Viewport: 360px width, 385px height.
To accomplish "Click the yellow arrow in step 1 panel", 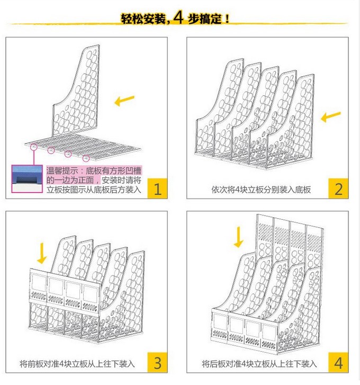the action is tap(124, 100).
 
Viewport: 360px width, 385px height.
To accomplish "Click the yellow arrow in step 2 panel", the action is tap(331, 117).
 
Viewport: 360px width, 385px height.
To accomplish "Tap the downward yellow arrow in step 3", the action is tap(42, 253).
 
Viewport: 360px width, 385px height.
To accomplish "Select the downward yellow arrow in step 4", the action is tap(238, 237).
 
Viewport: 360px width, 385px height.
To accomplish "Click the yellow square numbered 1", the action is tap(158, 189).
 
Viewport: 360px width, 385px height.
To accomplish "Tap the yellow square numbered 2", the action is tap(338, 189).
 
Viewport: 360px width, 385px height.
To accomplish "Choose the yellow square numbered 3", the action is tap(158, 362).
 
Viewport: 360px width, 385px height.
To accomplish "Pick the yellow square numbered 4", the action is tap(338, 362).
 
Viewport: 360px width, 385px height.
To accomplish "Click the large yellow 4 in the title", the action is tap(178, 17).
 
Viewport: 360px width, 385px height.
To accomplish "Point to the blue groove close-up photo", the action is tap(27, 178).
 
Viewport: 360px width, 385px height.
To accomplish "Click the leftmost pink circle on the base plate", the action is tap(34, 147).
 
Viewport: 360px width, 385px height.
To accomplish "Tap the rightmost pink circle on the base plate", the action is tap(86, 158).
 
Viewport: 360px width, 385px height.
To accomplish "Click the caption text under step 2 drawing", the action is tap(261, 190).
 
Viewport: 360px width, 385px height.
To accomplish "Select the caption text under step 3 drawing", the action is tap(77, 364).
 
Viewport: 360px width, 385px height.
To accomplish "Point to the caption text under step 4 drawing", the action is tap(259, 364).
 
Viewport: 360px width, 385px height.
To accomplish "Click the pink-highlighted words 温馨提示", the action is tap(62, 171).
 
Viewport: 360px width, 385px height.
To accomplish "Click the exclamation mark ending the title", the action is tap(227, 19).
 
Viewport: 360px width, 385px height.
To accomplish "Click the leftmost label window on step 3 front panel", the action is tap(39, 283).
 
